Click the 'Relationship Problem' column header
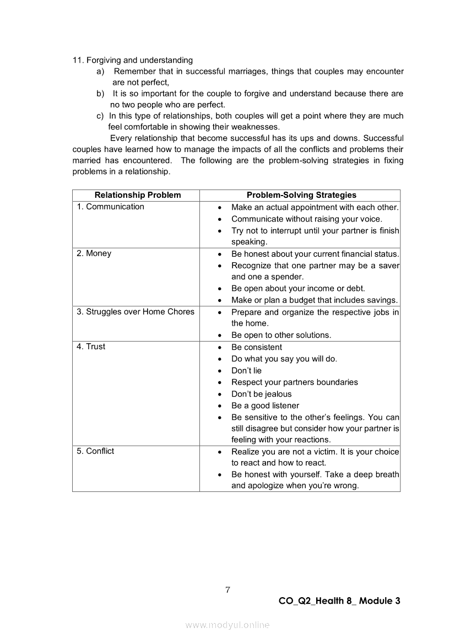coord(137,195)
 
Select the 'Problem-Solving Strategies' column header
coord(301,195)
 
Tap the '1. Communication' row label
coord(111,207)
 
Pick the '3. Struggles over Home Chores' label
coord(136,312)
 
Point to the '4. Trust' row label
coord(91,347)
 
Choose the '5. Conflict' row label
coord(96,451)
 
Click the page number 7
coord(227,590)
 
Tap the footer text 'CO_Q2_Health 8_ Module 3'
coord(339,601)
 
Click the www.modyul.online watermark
coord(227,625)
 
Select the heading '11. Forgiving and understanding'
coord(133,60)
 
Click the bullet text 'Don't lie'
coord(246,371)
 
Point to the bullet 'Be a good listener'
coord(265,405)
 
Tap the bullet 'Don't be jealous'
coord(261,394)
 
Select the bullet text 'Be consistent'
coord(256,347)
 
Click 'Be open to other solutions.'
coord(281,335)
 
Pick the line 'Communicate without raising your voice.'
coord(306,219)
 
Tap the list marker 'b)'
coord(100,94)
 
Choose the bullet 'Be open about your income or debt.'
coord(298,289)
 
